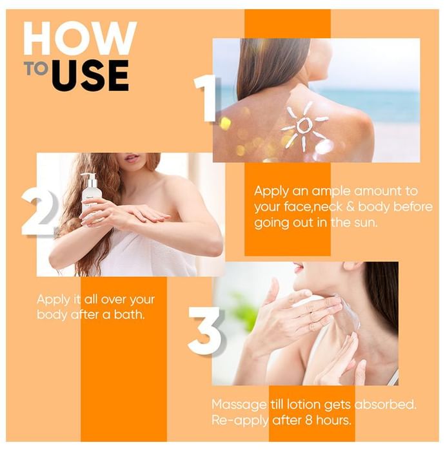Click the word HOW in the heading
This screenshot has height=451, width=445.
pos(80,38)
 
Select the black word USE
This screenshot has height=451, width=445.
pos(90,75)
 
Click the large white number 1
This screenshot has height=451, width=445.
pos(206,98)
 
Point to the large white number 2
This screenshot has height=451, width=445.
pos(39,211)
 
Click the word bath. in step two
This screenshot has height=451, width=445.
pos(129,314)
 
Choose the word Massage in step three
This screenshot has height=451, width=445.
pos(239,405)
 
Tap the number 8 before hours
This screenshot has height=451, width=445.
pos(309,421)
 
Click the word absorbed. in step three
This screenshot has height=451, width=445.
pos(386,405)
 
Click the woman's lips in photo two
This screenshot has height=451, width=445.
pos(132,158)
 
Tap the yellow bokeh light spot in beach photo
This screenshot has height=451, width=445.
pos(225,123)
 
